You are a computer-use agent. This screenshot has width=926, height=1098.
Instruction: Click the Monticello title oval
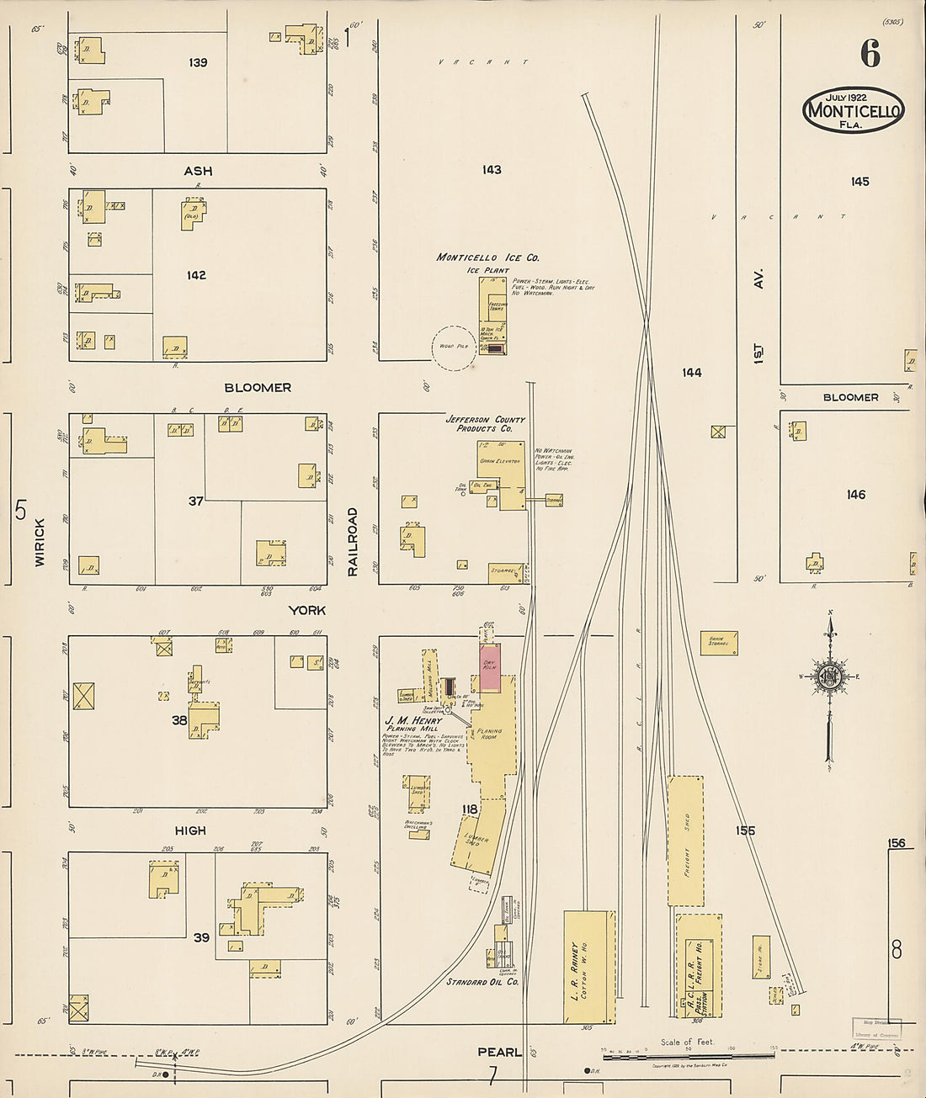[853, 109]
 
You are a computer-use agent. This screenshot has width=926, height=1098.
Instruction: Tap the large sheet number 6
[870, 54]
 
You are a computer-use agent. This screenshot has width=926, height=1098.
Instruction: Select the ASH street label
[198, 171]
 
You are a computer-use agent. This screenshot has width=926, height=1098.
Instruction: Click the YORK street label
[306, 610]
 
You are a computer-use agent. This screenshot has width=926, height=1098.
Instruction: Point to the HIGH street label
[190, 830]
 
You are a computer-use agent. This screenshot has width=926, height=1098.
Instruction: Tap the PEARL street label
[500, 1052]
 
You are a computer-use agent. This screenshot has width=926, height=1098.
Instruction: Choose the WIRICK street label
[40, 542]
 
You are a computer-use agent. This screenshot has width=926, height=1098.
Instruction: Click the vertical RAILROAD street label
[353, 542]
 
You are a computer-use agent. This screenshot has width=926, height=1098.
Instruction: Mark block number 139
[198, 62]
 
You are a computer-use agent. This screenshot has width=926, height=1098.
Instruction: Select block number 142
[196, 275]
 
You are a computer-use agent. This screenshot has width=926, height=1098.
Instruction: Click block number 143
[492, 170]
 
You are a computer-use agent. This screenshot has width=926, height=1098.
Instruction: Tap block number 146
[856, 495]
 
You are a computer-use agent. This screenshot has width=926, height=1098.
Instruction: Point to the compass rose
[830, 676]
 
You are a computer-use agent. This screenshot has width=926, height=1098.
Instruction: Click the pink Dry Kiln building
[490, 668]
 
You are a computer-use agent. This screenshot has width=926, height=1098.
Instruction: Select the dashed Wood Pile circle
[454, 347]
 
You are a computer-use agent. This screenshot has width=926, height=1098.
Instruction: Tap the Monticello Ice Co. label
[487, 257]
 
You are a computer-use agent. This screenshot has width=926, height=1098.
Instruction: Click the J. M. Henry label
[413, 721]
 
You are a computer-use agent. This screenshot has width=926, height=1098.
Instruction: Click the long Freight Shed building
[685, 841]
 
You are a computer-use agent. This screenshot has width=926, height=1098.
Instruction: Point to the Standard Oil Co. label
[482, 982]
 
